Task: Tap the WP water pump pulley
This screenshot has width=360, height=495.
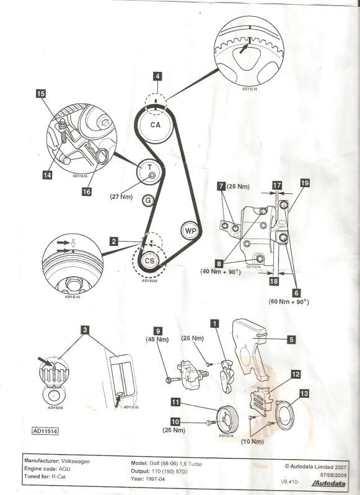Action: point(191,230)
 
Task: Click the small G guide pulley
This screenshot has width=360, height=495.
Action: point(147,200)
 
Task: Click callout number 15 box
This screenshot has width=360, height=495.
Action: point(41,94)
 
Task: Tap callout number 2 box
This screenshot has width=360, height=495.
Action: point(114,242)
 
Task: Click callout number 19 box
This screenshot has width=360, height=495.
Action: point(304,183)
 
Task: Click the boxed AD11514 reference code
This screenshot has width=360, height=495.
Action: point(45,429)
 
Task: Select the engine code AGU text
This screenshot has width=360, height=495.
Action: point(68,471)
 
